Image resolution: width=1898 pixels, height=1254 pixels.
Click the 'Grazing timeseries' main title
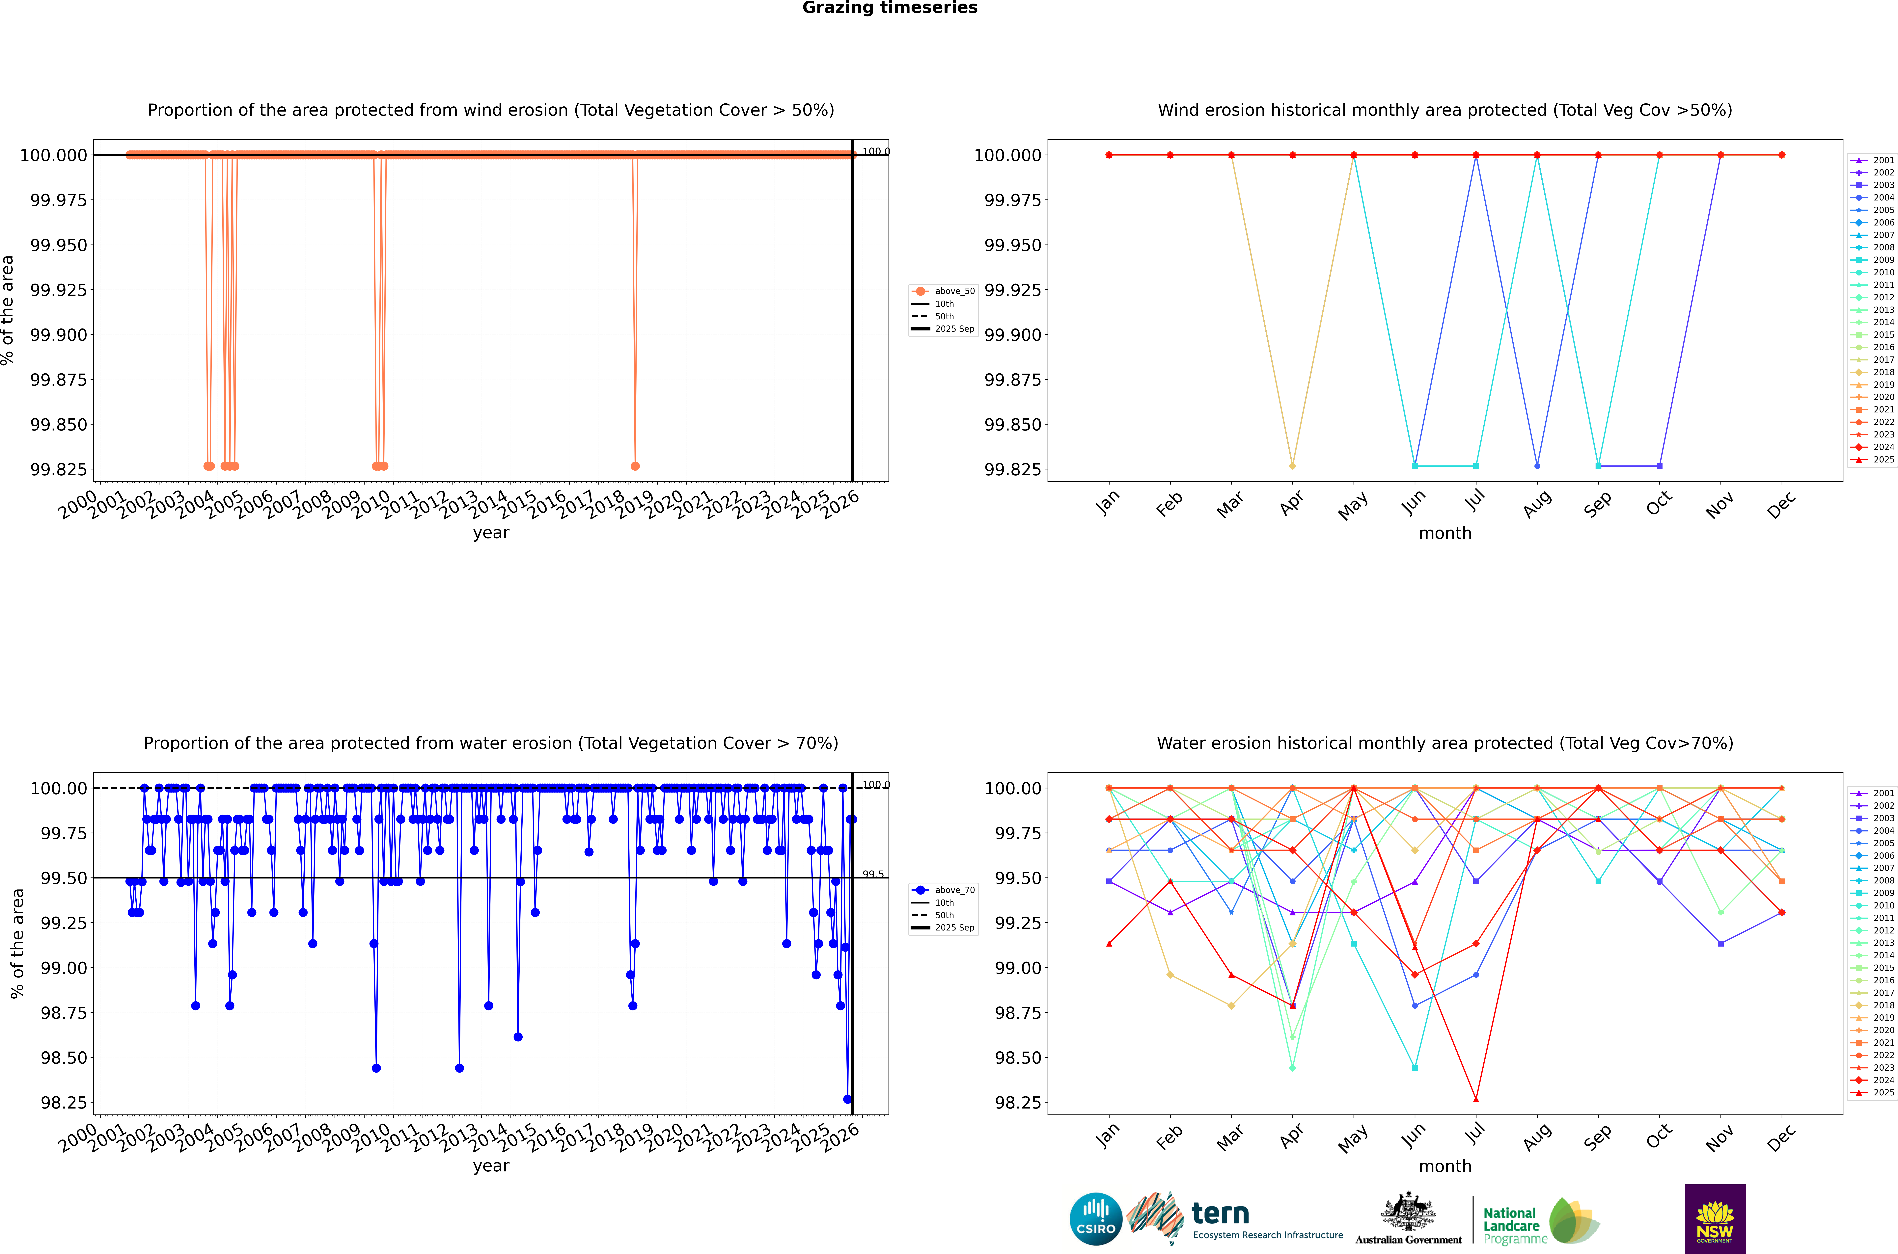[x=889, y=8]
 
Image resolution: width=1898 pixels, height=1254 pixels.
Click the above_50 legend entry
[x=944, y=291]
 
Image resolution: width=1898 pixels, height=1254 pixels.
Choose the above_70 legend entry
[x=944, y=890]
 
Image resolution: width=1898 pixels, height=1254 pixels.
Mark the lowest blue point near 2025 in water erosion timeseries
[x=847, y=1099]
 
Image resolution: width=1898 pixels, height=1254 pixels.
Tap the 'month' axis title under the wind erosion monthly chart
[x=1444, y=534]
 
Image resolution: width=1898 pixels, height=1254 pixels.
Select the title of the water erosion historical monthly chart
[x=1444, y=743]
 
